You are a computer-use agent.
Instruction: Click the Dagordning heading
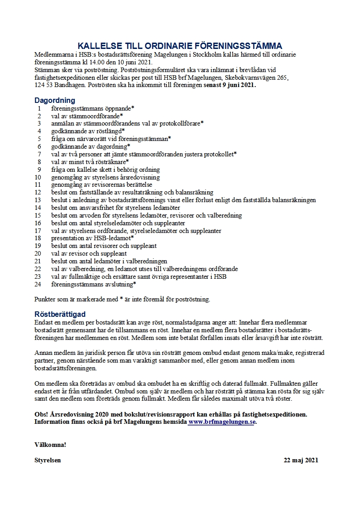coord(54,100)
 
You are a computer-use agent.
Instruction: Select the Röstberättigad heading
coord(60,314)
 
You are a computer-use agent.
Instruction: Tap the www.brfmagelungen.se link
coord(222,422)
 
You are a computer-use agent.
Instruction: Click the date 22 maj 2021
coord(301,460)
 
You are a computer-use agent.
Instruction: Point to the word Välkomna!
coord(50,444)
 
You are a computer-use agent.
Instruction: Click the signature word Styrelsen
coord(48,460)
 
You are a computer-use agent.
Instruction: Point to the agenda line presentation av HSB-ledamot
coord(92,238)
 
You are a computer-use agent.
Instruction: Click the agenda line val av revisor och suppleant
coord(89,253)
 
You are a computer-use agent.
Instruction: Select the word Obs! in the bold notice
coord(42,414)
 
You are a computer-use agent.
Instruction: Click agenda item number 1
coord(39,108)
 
